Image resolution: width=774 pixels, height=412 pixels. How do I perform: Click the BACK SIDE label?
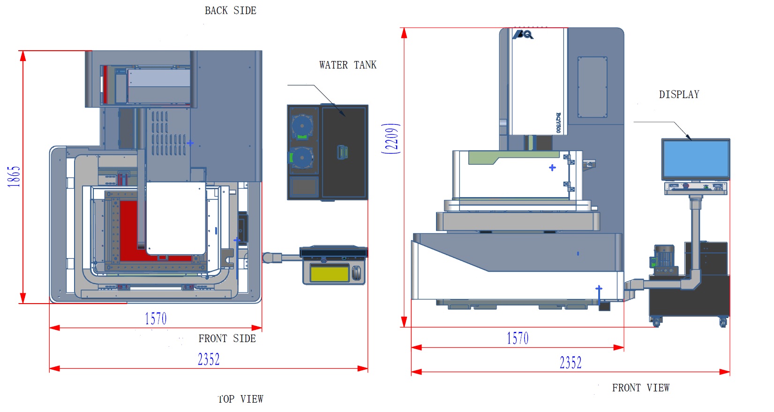[230, 11]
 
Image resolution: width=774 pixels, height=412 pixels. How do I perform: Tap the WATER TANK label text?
[347, 65]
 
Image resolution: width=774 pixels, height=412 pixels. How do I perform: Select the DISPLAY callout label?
[679, 95]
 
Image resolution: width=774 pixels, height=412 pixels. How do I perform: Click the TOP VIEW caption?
[240, 399]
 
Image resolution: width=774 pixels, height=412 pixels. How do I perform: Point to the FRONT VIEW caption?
[640, 388]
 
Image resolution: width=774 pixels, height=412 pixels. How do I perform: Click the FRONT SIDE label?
[227, 339]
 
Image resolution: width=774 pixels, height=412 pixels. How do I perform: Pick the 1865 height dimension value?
[14, 176]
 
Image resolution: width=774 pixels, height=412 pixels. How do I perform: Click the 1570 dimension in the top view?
[156, 319]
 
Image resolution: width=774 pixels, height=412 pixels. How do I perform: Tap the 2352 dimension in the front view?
[570, 363]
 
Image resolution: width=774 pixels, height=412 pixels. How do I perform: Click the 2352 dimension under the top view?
[209, 359]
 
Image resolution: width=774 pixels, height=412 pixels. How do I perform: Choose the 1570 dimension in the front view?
[518, 338]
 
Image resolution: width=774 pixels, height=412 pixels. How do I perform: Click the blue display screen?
[695, 159]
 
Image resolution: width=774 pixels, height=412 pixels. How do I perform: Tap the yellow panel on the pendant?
[330, 273]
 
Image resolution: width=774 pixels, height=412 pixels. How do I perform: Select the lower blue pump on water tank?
[302, 158]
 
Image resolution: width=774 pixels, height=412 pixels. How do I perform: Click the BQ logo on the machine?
[523, 35]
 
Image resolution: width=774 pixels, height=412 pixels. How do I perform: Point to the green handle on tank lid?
[342, 152]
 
